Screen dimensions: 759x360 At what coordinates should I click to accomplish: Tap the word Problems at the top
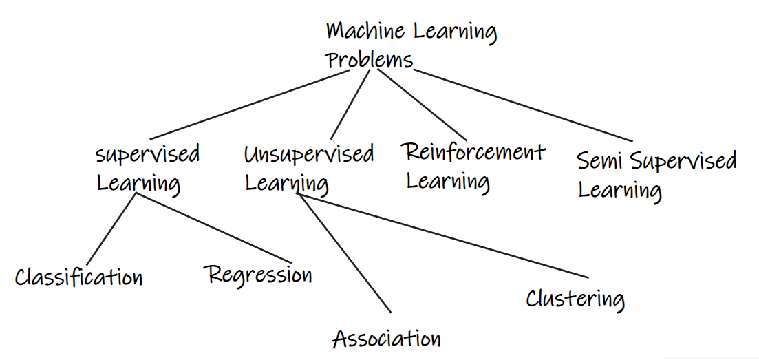369,61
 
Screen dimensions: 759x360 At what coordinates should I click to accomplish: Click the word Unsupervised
310,155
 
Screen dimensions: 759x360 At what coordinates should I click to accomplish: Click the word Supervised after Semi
683,162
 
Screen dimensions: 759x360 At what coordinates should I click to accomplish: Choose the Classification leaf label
79,277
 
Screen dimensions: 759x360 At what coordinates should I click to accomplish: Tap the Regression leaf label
260,275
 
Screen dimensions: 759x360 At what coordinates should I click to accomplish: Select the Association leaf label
387,339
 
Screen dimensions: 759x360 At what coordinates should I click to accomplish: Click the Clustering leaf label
575,298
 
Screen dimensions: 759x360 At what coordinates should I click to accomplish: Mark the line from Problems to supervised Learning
250,105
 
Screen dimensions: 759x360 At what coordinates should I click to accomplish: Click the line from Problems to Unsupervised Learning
350,105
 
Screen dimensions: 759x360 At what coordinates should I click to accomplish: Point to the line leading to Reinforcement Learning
422,105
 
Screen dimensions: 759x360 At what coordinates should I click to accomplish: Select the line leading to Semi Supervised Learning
523,105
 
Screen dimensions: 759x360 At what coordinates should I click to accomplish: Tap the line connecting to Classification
111,229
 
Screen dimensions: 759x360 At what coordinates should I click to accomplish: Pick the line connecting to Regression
215,228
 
